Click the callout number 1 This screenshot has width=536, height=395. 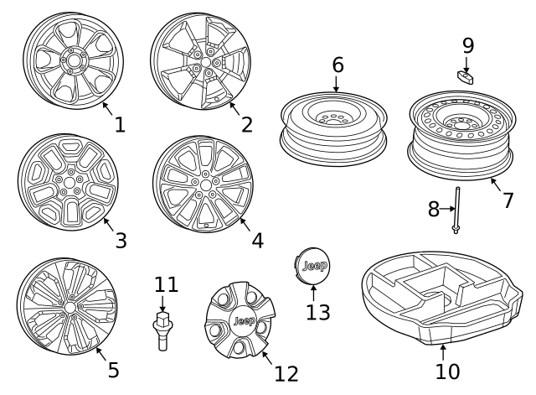tap(120, 125)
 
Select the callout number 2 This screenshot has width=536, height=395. tap(246, 125)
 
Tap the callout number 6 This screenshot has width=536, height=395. tap(337, 65)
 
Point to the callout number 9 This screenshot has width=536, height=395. tap(467, 44)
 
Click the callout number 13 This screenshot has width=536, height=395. tap(317, 312)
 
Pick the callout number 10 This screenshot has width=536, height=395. tap(448, 370)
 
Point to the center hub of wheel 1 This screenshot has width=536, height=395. tap(73, 60)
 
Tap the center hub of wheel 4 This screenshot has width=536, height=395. tap(205, 182)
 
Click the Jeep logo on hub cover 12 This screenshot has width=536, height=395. tap(242, 322)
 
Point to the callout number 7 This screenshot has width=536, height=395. tap(508, 202)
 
